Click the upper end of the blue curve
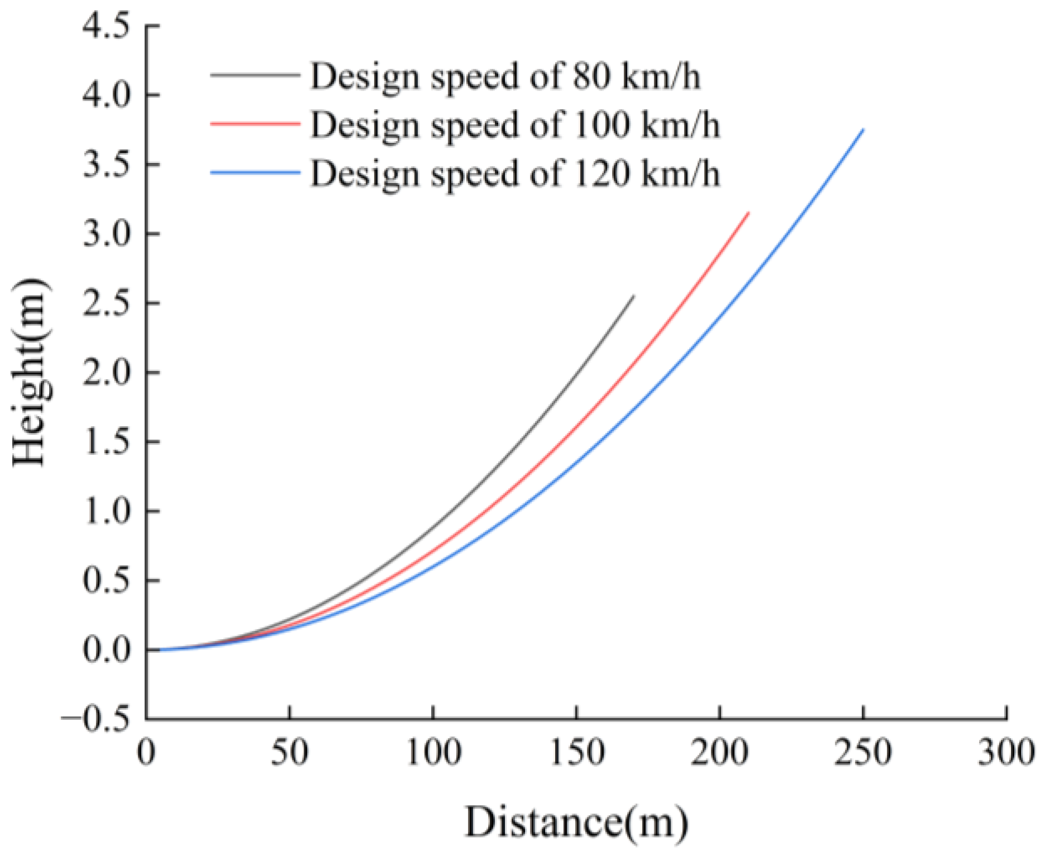863,130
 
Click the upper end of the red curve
748,213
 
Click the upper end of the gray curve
633,297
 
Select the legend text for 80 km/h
505,76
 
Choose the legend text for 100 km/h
514,124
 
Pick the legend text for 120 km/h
514,173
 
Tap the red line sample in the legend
255,123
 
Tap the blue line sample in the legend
255,172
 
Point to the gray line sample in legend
255,74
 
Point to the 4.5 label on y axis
106,27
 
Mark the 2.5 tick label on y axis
106,304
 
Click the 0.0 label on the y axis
106,650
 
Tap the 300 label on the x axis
1006,752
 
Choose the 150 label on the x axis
576,752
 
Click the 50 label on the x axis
289,752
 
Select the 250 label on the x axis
863,752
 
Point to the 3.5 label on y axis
106,165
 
